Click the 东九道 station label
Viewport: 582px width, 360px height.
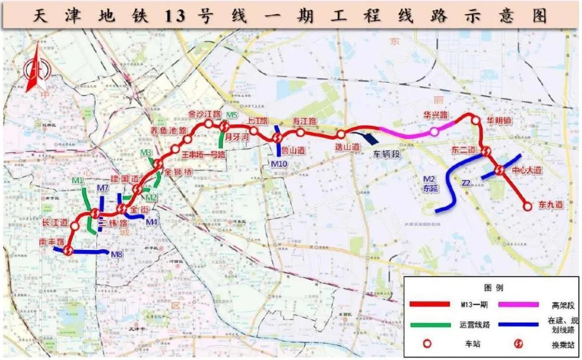551,205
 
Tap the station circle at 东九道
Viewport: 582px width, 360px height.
528,205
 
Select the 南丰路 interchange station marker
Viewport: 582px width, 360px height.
68,250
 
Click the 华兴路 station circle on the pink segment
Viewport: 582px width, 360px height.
434,131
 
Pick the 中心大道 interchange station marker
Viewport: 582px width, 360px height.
499,170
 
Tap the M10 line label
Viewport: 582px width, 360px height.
280,163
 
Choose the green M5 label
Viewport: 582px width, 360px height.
232,115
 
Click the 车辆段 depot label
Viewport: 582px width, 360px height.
387,154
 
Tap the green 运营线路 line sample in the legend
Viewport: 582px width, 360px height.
429,325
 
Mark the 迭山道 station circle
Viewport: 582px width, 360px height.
341,134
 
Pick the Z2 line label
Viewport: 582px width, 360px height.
467,184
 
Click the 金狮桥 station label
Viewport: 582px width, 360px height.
178,173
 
